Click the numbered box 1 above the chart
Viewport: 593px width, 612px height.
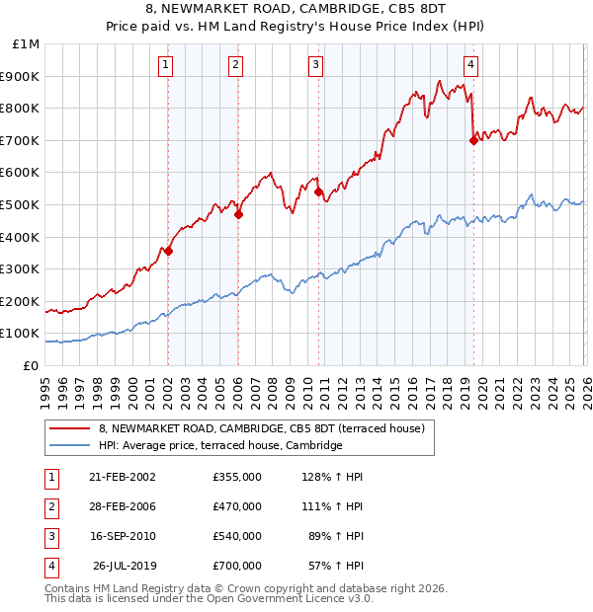(x=165, y=66)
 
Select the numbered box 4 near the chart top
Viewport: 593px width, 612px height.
(x=471, y=66)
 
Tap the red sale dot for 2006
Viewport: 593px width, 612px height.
(x=238, y=214)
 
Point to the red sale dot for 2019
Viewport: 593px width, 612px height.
(x=473, y=140)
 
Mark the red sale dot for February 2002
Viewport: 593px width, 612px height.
(x=168, y=251)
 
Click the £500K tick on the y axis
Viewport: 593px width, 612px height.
(x=21, y=204)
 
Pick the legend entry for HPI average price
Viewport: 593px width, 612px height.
(x=219, y=446)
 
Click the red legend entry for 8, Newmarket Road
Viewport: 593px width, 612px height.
(x=261, y=428)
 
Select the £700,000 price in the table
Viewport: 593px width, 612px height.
(x=237, y=567)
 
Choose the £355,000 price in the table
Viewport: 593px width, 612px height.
(x=237, y=477)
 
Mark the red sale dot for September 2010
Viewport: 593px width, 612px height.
(x=318, y=191)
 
